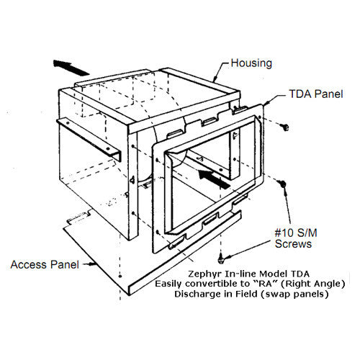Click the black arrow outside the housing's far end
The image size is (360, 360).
pyautogui.click(x=71, y=66)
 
